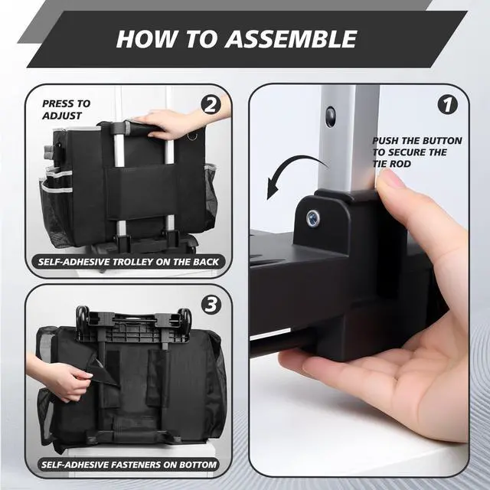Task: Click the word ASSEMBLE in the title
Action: pyautogui.click(x=291, y=39)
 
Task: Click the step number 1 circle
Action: pyautogui.click(x=447, y=105)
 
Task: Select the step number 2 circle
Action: pyautogui.click(x=211, y=105)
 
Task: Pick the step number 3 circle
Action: pyautogui.click(x=211, y=305)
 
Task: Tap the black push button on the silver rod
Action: pyautogui.click(x=330, y=116)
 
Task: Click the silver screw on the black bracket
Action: pyautogui.click(x=313, y=217)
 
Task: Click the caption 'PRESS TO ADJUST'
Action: pyautogui.click(x=67, y=109)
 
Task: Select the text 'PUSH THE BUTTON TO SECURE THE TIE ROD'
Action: pyautogui.click(x=416, y=152)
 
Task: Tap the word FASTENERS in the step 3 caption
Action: pyautogui.click(x=136, y=465)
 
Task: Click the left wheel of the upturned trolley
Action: pyautogui.click(x=82, y=315)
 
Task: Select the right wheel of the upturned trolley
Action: pyautogui.click(x=185, y=316)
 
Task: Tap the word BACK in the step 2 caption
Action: pyautogui.click(x=206, y=262)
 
